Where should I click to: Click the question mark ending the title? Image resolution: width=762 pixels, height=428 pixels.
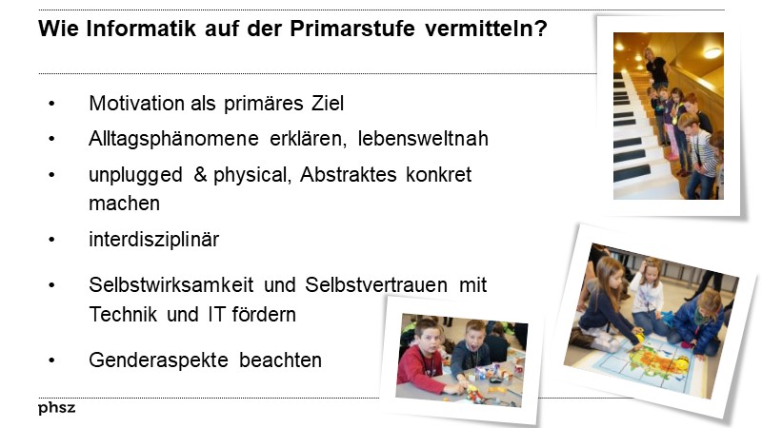click(542, 29)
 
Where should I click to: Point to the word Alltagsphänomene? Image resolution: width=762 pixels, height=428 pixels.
click(170, 139)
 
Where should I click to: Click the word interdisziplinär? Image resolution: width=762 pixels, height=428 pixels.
click(153, 240)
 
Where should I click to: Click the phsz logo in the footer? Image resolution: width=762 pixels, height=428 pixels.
click(57, 409)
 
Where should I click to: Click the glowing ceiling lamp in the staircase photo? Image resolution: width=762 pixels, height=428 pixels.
click(712, 50)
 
